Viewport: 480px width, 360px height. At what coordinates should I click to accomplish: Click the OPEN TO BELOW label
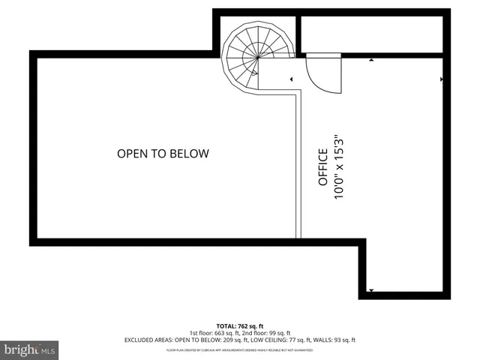163,154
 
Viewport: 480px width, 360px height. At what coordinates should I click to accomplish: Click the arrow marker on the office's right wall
442,78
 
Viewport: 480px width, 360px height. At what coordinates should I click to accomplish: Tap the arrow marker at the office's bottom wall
370,289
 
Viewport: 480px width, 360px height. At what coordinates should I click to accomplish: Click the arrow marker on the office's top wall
371,59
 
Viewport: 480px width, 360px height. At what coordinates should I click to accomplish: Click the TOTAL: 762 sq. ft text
239,325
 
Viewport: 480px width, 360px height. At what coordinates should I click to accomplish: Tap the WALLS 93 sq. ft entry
331,340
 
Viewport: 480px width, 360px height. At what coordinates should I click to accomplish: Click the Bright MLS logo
30,349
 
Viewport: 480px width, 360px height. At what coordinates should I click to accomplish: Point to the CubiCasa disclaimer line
239,350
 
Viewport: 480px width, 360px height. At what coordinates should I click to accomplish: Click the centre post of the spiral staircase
258,55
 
